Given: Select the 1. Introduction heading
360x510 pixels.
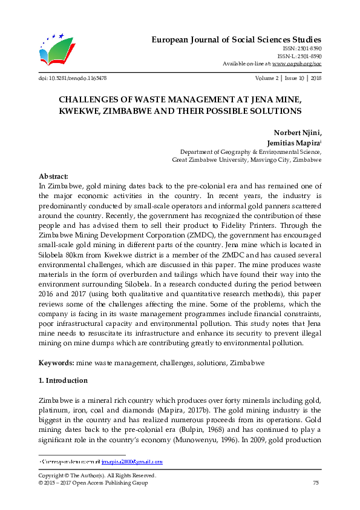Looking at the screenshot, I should pos(63,380).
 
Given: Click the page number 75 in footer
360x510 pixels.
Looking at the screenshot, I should pos(315,483).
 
